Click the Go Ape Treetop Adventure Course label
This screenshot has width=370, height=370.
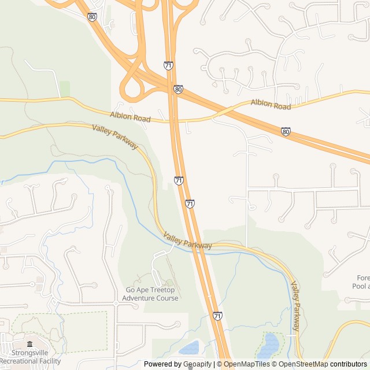coord(150,294)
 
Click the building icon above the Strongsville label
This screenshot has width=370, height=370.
coord(29,345)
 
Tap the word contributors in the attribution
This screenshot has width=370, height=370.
coord(349,364)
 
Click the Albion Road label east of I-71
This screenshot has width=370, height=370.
coord(271,106)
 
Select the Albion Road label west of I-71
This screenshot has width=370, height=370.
coord(131,118)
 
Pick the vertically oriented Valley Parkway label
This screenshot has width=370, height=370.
coord(295,306)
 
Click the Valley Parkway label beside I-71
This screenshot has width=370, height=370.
coord(187,241)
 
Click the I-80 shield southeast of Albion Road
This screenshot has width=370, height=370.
coord(286,132)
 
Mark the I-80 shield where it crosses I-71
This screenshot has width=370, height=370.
coord(178,90)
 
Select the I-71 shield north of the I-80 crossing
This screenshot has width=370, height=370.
coord(168,65)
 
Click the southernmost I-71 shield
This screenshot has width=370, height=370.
coord(217,316)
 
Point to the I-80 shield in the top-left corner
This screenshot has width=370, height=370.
coord(92,17)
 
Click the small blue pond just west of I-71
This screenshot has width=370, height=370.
coord(189,348)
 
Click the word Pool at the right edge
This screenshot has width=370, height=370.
coord(361,286)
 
